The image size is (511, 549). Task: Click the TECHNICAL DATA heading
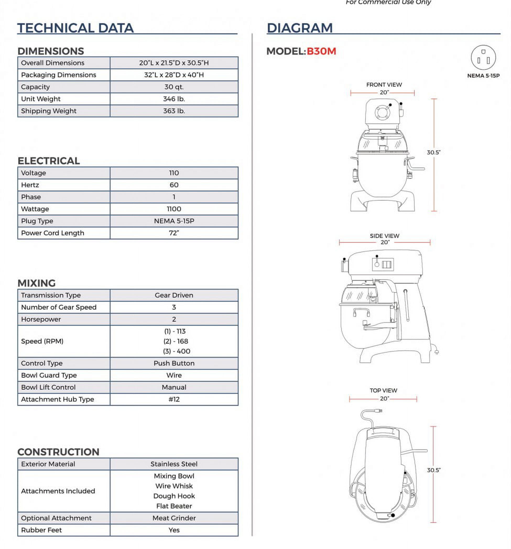pos(75,28)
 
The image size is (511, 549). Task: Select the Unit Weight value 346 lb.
pos(174,99)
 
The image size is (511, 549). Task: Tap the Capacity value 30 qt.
pos(174,87)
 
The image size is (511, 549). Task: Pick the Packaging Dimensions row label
pos(58,75)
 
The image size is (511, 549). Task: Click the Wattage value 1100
pos(174,209)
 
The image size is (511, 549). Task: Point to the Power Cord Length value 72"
pos(174,233)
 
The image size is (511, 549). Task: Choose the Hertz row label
pos(30,185)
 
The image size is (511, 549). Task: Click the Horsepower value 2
pos(174,319)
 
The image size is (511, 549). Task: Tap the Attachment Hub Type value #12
pos(174,399)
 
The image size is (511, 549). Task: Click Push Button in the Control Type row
pos(174,363)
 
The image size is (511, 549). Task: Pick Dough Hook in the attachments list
pos(174,496)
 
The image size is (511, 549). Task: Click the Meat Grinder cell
pos(174,518)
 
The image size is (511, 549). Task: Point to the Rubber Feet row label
pos(41,530)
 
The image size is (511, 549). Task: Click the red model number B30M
pos(321,51)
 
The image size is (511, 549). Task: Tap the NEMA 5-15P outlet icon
pos(483,58)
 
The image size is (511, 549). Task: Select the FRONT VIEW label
pos(384,85)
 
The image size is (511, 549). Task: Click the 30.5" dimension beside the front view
pos(433,152)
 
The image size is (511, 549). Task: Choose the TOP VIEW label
pos(383,391)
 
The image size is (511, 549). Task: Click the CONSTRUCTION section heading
pos(58,452)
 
